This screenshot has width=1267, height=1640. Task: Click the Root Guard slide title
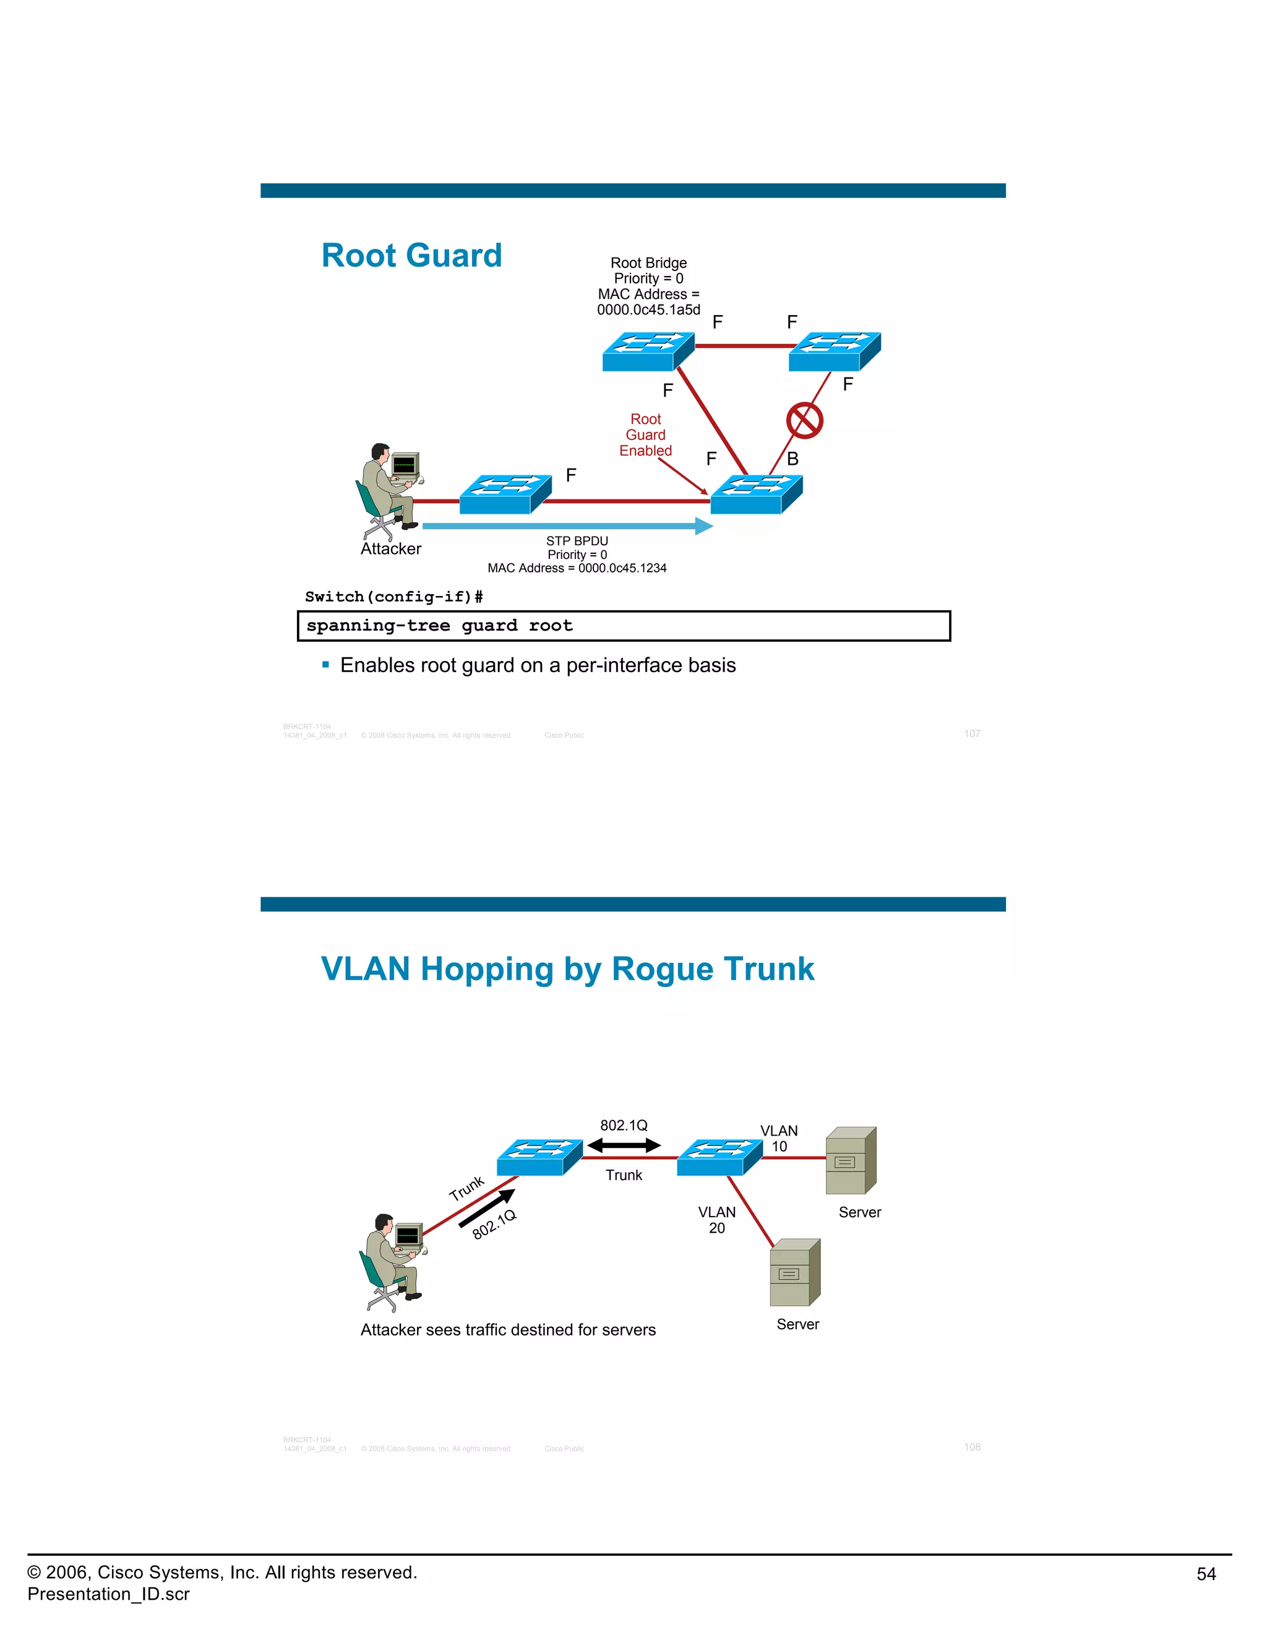411,256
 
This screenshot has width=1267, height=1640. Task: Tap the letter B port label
792,459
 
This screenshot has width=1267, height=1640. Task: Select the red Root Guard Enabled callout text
645,435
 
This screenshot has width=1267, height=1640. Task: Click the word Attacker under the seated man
390,549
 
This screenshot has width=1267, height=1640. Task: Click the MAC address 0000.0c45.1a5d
648,310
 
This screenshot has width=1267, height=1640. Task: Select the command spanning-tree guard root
439,626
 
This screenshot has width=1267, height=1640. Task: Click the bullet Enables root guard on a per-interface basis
538,665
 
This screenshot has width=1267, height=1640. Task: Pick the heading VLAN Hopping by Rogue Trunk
567,969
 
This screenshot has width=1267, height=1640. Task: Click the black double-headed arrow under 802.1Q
624,1145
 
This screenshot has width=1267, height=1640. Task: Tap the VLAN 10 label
779,1138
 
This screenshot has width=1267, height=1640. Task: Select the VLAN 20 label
717,1220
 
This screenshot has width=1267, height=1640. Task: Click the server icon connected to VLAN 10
851,1160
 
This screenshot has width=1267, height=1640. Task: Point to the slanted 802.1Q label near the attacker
494,1224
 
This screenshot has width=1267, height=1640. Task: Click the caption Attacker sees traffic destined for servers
508,1330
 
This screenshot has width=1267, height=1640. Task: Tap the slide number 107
972,733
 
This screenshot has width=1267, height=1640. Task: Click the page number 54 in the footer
1206,1574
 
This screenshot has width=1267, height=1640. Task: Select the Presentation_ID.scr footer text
109,1594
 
